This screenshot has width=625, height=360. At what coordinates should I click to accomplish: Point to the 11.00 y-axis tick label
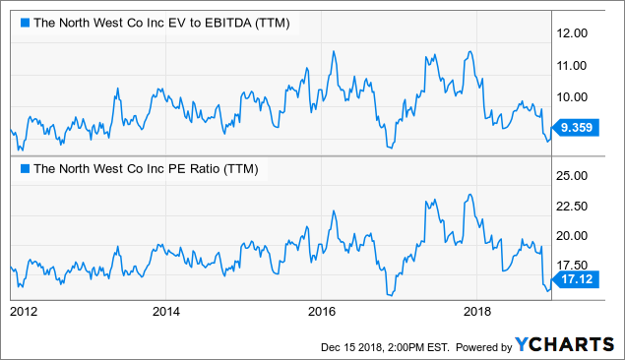pos(576,65)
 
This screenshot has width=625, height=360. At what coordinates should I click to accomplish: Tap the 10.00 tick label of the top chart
pos(576,96)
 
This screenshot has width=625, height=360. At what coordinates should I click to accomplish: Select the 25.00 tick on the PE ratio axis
pos(576,175)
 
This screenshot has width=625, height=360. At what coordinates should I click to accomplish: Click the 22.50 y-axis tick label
pos(576,206)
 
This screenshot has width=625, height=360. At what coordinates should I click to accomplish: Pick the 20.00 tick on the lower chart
pos(576,236)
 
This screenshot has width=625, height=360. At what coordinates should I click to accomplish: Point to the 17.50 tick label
pos(576,266)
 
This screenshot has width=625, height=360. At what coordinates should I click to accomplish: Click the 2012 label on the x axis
pos(23,313)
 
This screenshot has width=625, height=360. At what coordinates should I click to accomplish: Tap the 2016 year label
pos(322,313)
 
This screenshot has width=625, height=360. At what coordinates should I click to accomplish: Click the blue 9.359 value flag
pos(577,126)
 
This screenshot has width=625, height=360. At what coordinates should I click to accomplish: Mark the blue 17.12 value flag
pos(577,280)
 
